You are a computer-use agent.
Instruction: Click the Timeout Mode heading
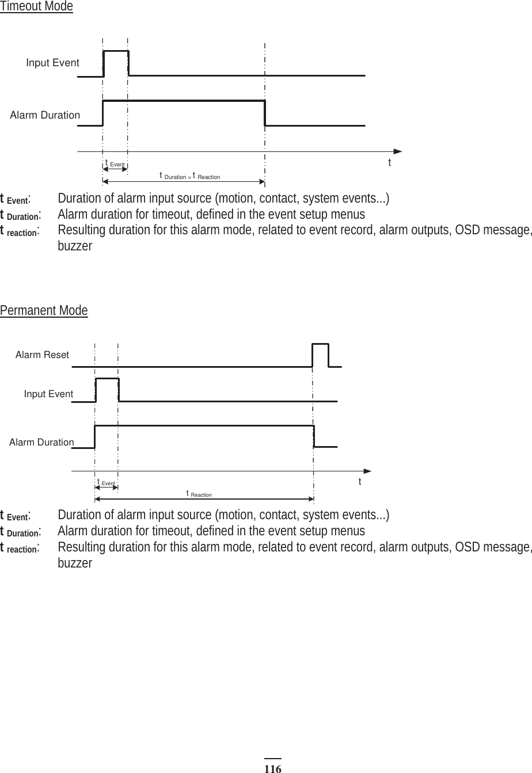tap(36, 7)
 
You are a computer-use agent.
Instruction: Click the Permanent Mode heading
tap(44, 311)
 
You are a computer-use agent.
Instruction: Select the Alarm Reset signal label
tap(42, 355)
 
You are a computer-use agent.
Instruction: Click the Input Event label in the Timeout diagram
tap(52, 63)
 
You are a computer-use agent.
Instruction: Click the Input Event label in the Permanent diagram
tap(48, 394)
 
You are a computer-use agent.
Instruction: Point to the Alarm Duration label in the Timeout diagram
tap(45, 115)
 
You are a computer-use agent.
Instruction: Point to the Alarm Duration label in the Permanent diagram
tap(41, 443)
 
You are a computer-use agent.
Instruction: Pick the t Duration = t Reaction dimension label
tap(189, 176)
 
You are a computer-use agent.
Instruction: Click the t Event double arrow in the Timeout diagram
tap(115, 170)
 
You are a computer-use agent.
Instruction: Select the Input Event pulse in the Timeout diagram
tap(116, 62)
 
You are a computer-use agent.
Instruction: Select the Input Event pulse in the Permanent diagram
tap(107, 390)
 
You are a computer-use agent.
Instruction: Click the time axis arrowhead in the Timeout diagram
tap(398, 151)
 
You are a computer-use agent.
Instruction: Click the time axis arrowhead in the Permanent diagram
tap(368, 471)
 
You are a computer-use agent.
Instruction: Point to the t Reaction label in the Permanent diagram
tap(199, 494)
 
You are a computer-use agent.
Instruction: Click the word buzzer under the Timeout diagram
tap(75, 246)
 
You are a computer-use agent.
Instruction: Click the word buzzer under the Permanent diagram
tap(75, 562)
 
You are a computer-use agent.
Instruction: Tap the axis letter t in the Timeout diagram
tap(390, 163)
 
